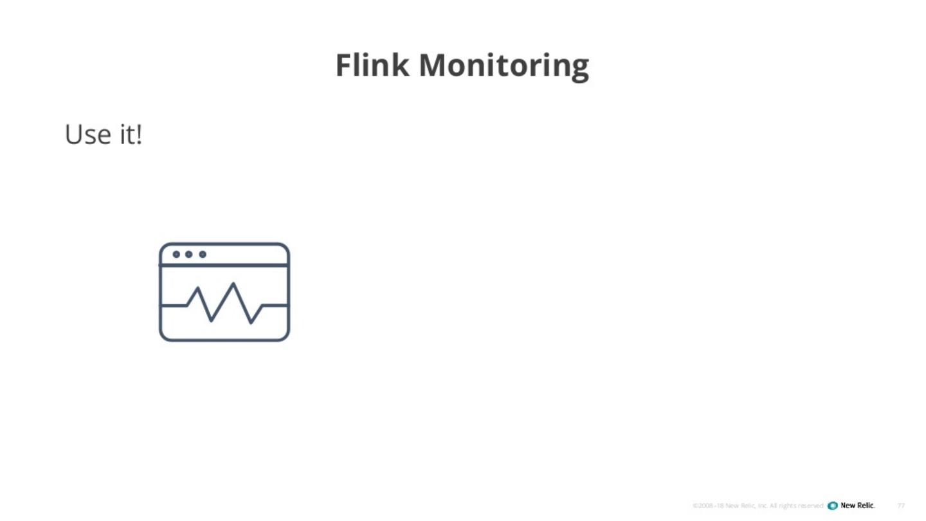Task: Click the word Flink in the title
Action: (372, 65)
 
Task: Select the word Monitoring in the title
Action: (504, 66)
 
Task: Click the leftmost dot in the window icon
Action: (176, 254)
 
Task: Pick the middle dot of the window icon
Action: (189, 254)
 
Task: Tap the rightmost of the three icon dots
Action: (203, 254)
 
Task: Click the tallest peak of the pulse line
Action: (233, 284)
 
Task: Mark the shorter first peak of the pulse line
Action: (197, 289)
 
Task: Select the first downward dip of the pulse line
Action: (211, 320)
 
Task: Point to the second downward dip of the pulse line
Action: (251, 322)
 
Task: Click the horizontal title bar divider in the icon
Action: (224, 264)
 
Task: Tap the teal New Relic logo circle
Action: (833, 506)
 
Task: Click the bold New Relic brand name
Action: (858, 506)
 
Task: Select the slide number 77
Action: (901, 506)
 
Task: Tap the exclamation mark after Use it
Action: (139, 134)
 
